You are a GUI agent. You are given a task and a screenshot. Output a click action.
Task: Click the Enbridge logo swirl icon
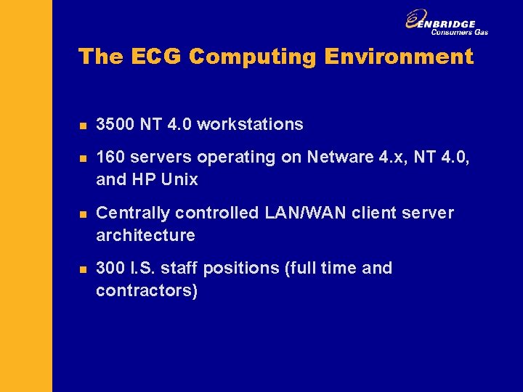[416, 20]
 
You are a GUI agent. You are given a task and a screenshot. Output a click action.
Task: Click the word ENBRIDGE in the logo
[451, 23]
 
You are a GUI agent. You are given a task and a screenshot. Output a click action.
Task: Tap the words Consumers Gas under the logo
[459, 32]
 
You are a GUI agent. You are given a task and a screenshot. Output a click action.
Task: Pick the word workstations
[250, 124]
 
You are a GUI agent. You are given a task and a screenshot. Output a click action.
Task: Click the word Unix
[181, 179]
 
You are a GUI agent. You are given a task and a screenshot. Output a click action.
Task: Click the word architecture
[145, 235]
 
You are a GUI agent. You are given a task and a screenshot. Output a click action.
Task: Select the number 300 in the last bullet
[110, 268]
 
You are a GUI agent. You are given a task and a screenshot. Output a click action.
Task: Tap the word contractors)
[146, 290]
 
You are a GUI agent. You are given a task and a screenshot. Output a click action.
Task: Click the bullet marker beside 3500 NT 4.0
[83, 126]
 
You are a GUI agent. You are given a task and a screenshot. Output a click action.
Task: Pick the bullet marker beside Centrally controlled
[83, 214]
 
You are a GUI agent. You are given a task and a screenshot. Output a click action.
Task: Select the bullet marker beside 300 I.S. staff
[83, 269]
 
